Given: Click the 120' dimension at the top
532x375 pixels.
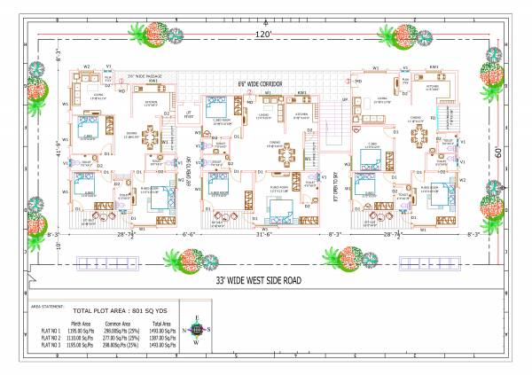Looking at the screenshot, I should (263, 34).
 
